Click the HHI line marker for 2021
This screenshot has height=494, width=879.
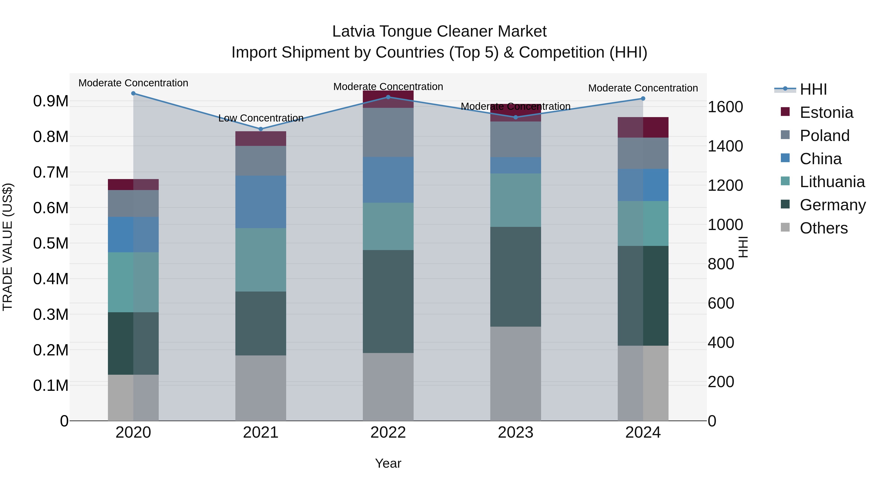261,129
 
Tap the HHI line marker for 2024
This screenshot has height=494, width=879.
643,99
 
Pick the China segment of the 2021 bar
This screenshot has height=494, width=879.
261,202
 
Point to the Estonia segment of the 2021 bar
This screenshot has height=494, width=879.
261,139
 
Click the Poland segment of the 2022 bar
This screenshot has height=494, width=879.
388,132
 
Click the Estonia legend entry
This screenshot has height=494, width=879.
826,112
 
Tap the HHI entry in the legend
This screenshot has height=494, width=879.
813,89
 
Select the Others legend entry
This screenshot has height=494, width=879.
823,228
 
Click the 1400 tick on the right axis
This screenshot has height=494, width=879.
725,146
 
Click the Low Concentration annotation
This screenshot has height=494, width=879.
261,118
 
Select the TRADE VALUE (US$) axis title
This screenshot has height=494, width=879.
8,247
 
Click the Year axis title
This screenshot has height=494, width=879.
388,463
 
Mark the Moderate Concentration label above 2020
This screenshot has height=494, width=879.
133,83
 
